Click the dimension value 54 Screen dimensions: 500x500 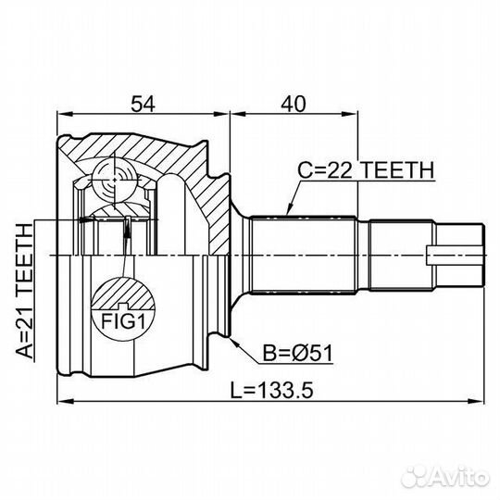click(143, 104)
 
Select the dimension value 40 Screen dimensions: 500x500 click(293, 104)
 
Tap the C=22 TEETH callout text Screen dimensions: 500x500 click(366, 170)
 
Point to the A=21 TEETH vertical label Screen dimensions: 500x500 click(25, 291)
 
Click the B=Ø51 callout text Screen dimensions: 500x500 click(297, 353)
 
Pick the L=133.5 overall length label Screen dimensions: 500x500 click(272, 391)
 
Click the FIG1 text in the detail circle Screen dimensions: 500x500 click(123, 321)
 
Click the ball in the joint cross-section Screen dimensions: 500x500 click(115, 180)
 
